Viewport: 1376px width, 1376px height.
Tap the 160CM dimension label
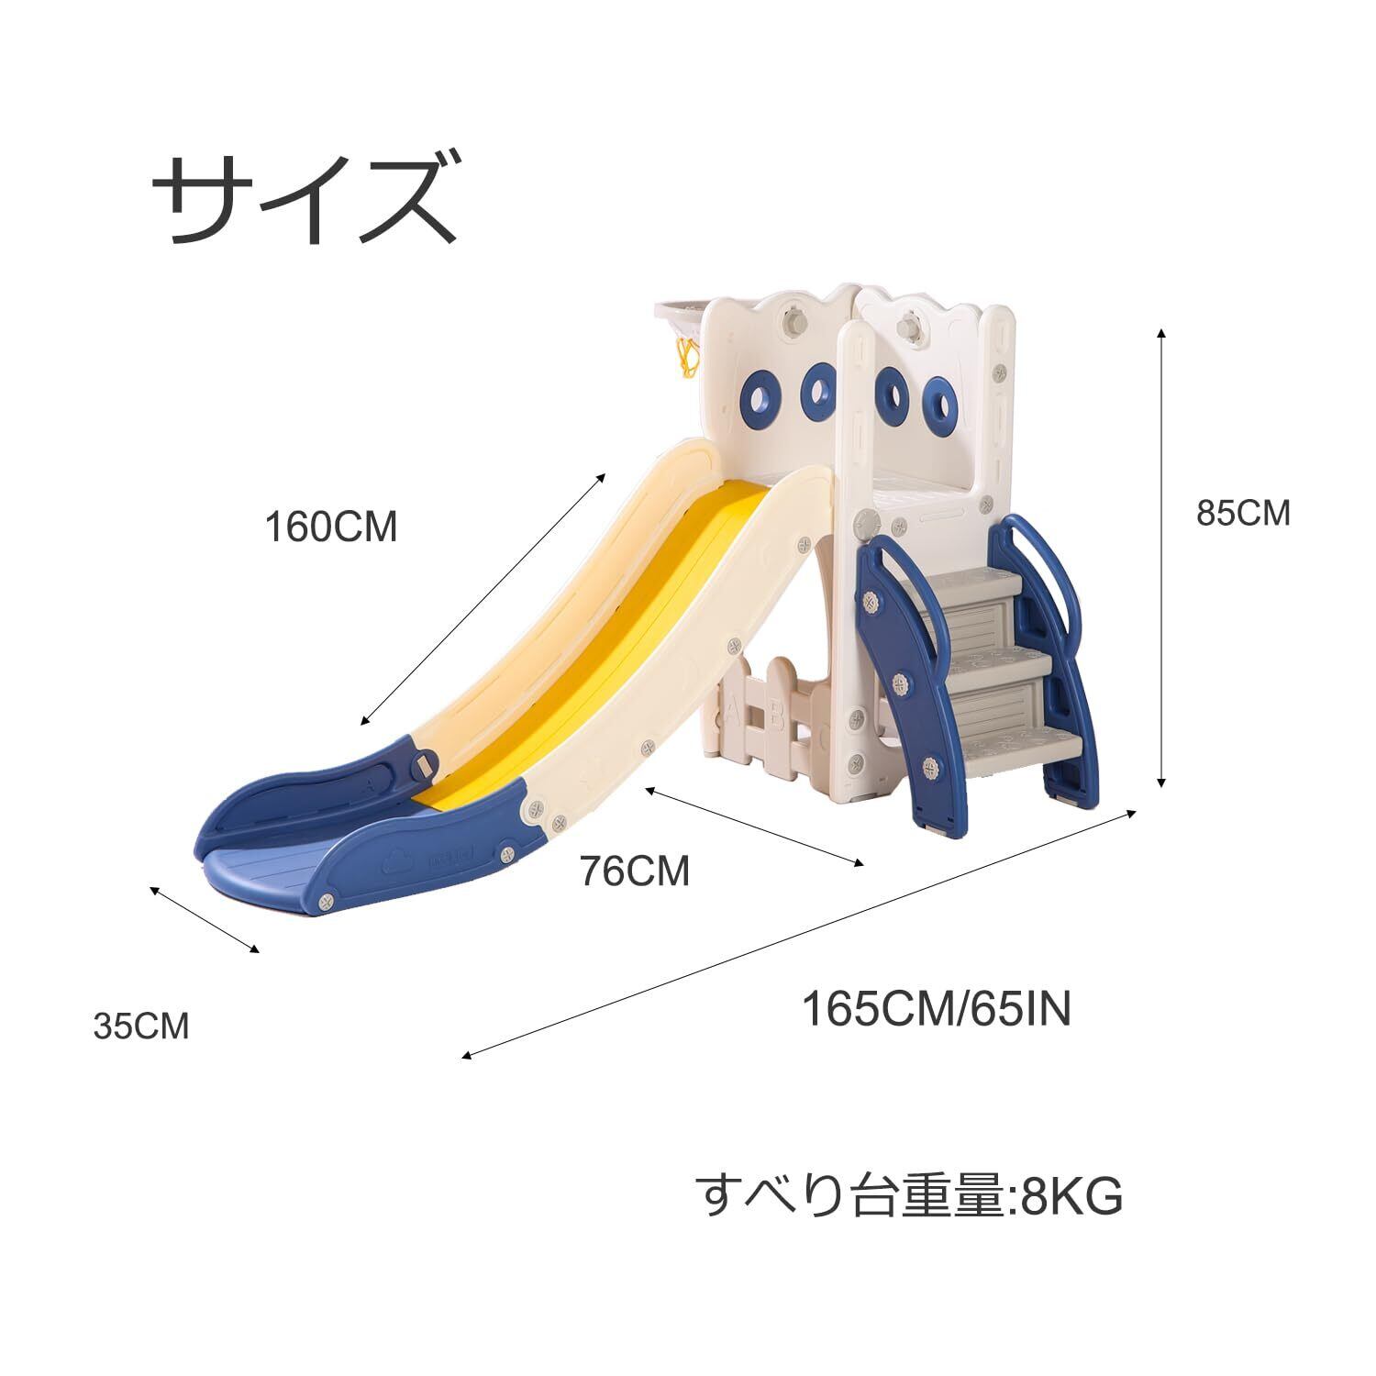coord(330,527)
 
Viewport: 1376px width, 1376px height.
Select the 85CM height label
coord(1242,514)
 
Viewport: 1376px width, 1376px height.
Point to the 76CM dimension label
coord(634,871)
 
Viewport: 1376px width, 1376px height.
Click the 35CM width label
coord(141,1026)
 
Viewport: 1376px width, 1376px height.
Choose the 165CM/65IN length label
coord(937,1010)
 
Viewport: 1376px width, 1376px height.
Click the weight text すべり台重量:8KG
coord(908,1195)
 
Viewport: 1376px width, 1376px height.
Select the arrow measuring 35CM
coord(205,919)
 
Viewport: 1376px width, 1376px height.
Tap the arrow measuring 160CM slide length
coord(483,598)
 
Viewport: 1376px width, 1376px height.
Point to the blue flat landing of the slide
coord(266,876)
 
